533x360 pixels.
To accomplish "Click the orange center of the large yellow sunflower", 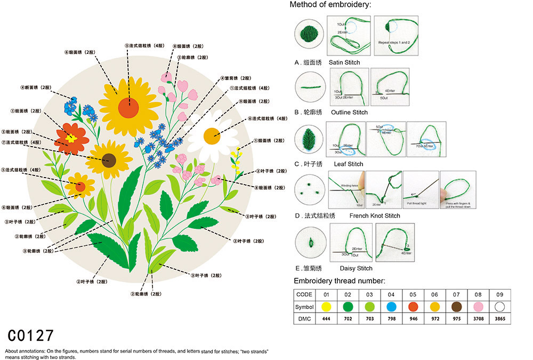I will click(128, 108).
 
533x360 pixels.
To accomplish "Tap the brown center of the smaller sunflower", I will click(109, 158).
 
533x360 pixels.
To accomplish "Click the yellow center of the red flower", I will click(71, 138).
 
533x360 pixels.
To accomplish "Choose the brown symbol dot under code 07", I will click(456, 307).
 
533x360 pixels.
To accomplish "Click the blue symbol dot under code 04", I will click(391, 307).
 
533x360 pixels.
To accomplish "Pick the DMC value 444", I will click(326, 318).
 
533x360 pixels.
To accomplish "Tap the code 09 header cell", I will click(499, 295).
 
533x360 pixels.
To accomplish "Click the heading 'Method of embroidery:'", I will click(330, 5).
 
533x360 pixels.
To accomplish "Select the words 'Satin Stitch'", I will click(344, 62).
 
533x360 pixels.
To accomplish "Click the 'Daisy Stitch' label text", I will click(356, 268).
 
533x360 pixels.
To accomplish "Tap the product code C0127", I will click(31, 335).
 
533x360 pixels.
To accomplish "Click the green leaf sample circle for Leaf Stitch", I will click(308, 139).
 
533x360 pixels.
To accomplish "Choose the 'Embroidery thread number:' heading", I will click(340, 281).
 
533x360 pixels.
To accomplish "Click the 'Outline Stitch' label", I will click(349, 113).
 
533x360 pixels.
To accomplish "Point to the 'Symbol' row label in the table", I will click(304, 307).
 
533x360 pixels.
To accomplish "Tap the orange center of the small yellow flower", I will click(80, 186).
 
